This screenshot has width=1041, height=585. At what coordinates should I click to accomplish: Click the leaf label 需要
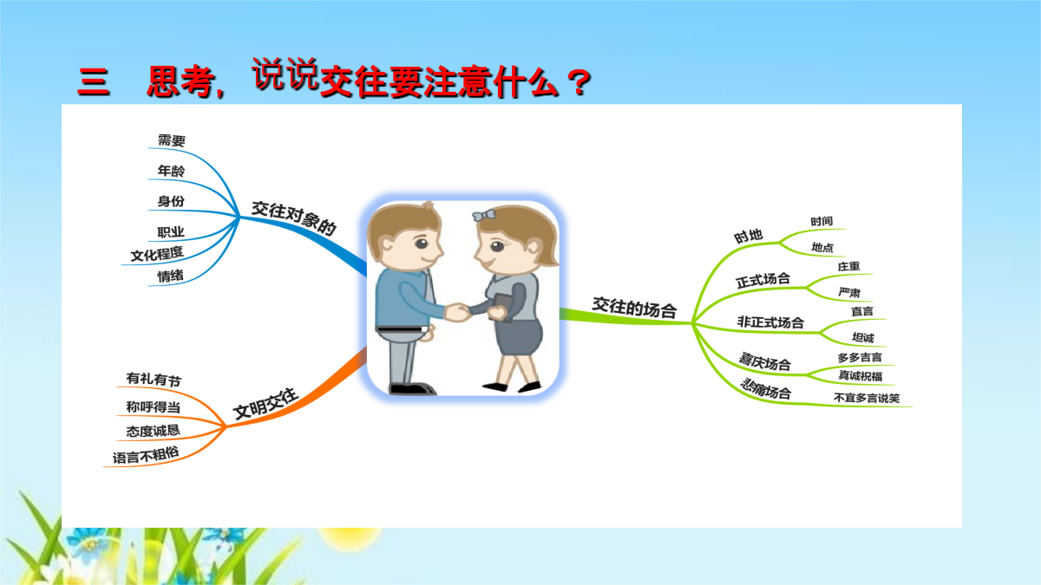172,140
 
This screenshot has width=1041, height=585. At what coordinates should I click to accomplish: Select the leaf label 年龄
171,171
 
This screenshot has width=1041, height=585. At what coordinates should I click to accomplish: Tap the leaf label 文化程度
157,254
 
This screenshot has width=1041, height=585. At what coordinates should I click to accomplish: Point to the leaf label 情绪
170,276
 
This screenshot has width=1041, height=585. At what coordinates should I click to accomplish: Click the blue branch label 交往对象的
294,218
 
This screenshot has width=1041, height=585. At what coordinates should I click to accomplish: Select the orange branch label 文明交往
265,403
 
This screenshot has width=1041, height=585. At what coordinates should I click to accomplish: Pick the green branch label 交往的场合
634,308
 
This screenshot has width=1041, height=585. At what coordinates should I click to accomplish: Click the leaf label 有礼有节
154,380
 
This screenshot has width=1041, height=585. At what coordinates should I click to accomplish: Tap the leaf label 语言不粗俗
146,455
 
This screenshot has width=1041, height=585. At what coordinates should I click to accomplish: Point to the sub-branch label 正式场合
763,280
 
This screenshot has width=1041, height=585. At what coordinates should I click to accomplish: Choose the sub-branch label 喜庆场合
765,361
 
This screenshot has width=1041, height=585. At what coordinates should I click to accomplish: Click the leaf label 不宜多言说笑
867,398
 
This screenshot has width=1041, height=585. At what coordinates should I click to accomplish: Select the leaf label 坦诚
863,337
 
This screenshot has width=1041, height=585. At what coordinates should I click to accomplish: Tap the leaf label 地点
822,248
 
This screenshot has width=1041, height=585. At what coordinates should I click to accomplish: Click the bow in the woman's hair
484,216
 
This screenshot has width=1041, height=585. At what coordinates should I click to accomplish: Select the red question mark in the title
579,83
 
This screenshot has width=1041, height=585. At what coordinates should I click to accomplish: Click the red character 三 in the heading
94,82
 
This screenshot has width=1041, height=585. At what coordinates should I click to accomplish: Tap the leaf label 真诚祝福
861,375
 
